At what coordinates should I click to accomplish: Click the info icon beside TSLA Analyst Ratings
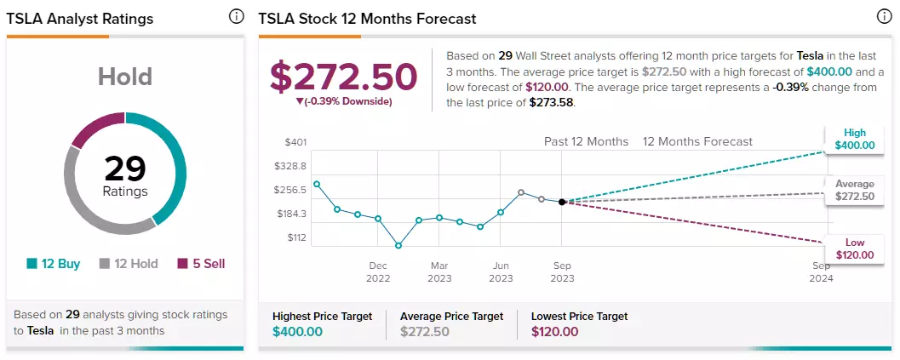tap(236, 17)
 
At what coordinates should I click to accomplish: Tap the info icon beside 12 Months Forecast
tap(885, 17)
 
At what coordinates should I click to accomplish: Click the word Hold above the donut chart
tap(125, 77)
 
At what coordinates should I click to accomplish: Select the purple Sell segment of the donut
tap(96, 126)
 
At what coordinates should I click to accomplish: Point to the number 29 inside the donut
tap(125, 169)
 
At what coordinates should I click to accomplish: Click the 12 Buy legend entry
tap(54, 264)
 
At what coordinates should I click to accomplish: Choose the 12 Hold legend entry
tap(129, 264)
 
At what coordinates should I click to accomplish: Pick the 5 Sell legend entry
tap(201, 264)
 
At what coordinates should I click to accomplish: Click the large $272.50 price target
tap(344, 77)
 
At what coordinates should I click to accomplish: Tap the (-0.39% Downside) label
tap(344, 101)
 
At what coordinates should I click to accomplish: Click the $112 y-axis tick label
tap(296, 237)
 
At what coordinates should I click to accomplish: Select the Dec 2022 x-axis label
tap(378, 272)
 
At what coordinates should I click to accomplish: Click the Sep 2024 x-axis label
tap(821, 272)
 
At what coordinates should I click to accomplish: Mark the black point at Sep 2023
tap(562, 202)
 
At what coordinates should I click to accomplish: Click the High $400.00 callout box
tap(855, 140)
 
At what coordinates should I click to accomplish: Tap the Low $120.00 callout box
tap(855, 249)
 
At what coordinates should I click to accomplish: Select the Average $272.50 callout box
tap(855, 191)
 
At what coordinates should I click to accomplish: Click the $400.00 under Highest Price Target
tap(297, 332)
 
